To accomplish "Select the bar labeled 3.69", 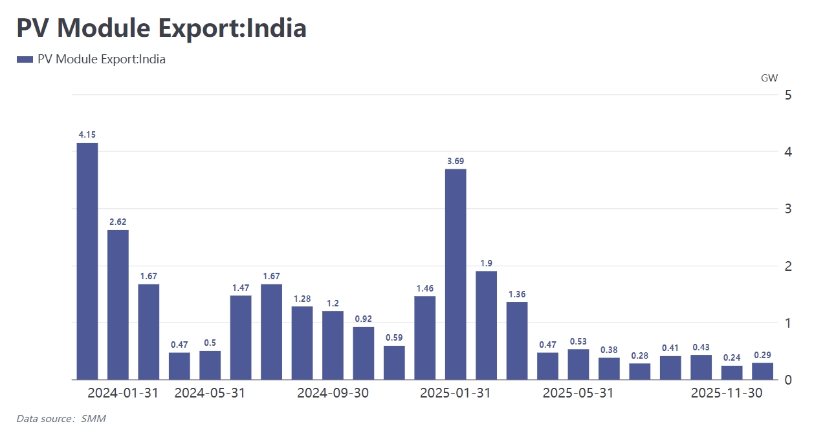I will pos(456,274).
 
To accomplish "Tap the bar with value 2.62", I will pos(118,304).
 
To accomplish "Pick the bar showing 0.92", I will pos(363,353).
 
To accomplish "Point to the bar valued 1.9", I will pos(486,325).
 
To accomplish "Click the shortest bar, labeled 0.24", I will pos(732,372).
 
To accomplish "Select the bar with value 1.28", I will pos(302,343).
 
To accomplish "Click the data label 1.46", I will pos(424,288).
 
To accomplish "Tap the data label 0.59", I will pos(394,337).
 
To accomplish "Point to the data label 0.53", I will pos(578,341).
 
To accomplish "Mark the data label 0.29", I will pos(763,355).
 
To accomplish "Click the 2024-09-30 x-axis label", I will pos(333,393).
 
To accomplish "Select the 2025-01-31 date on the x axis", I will pos(456,393).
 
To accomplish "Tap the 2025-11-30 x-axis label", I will pos(727,393).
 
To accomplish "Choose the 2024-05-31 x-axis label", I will pos(210,393).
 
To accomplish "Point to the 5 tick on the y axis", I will pos(788,95).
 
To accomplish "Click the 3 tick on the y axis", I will pos(788,209).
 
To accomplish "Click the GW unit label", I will pos(769,78).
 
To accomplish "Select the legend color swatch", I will pos(25,59).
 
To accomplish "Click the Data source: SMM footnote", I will pos(61,419).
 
